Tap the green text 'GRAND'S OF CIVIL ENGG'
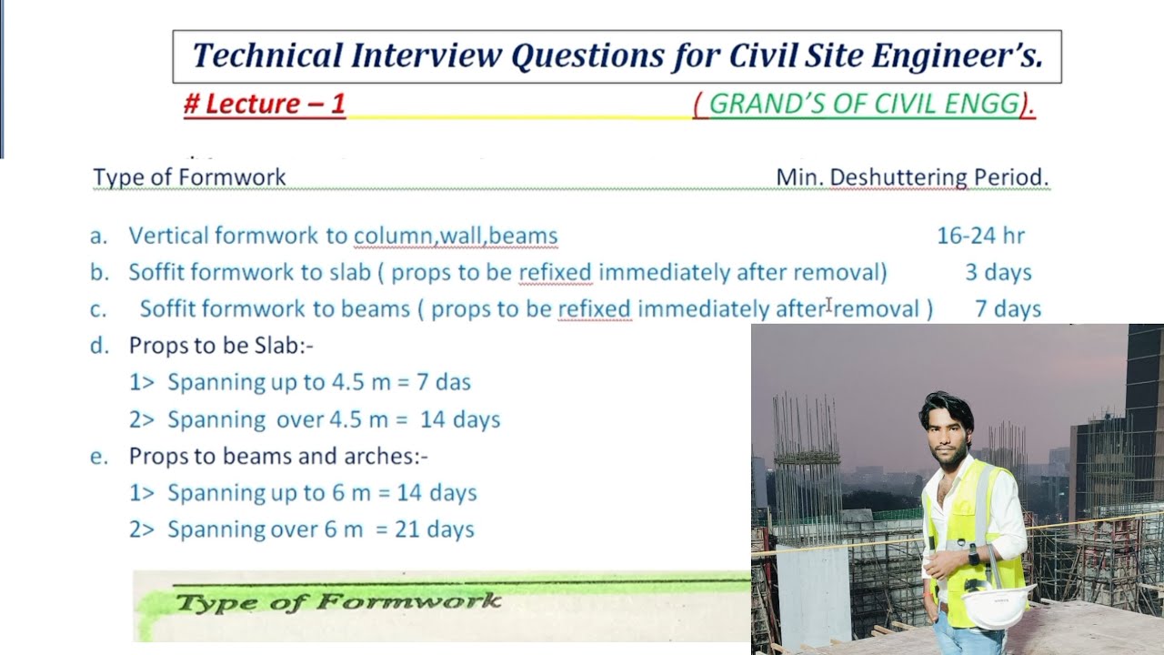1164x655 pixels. click(x=864, y=105)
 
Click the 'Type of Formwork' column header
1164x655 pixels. click(x=189, y=177)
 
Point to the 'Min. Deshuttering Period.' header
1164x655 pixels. click(x=912, y=177)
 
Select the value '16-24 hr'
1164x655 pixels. click(x=980, y=237)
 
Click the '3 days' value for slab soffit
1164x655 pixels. click(x=998, y=273)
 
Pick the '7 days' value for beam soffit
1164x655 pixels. click(x=1008, y=309)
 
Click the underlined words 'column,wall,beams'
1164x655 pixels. click(x=455, y=237)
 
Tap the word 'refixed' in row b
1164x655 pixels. click(x=555, y=273)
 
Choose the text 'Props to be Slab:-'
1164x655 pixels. click(x=221, y=346)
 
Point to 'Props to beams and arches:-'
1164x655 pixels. click(x=278, y=456)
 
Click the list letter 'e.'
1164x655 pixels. click(x=98, y=456)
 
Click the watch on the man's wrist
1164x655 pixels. click(x=974, y=553)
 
